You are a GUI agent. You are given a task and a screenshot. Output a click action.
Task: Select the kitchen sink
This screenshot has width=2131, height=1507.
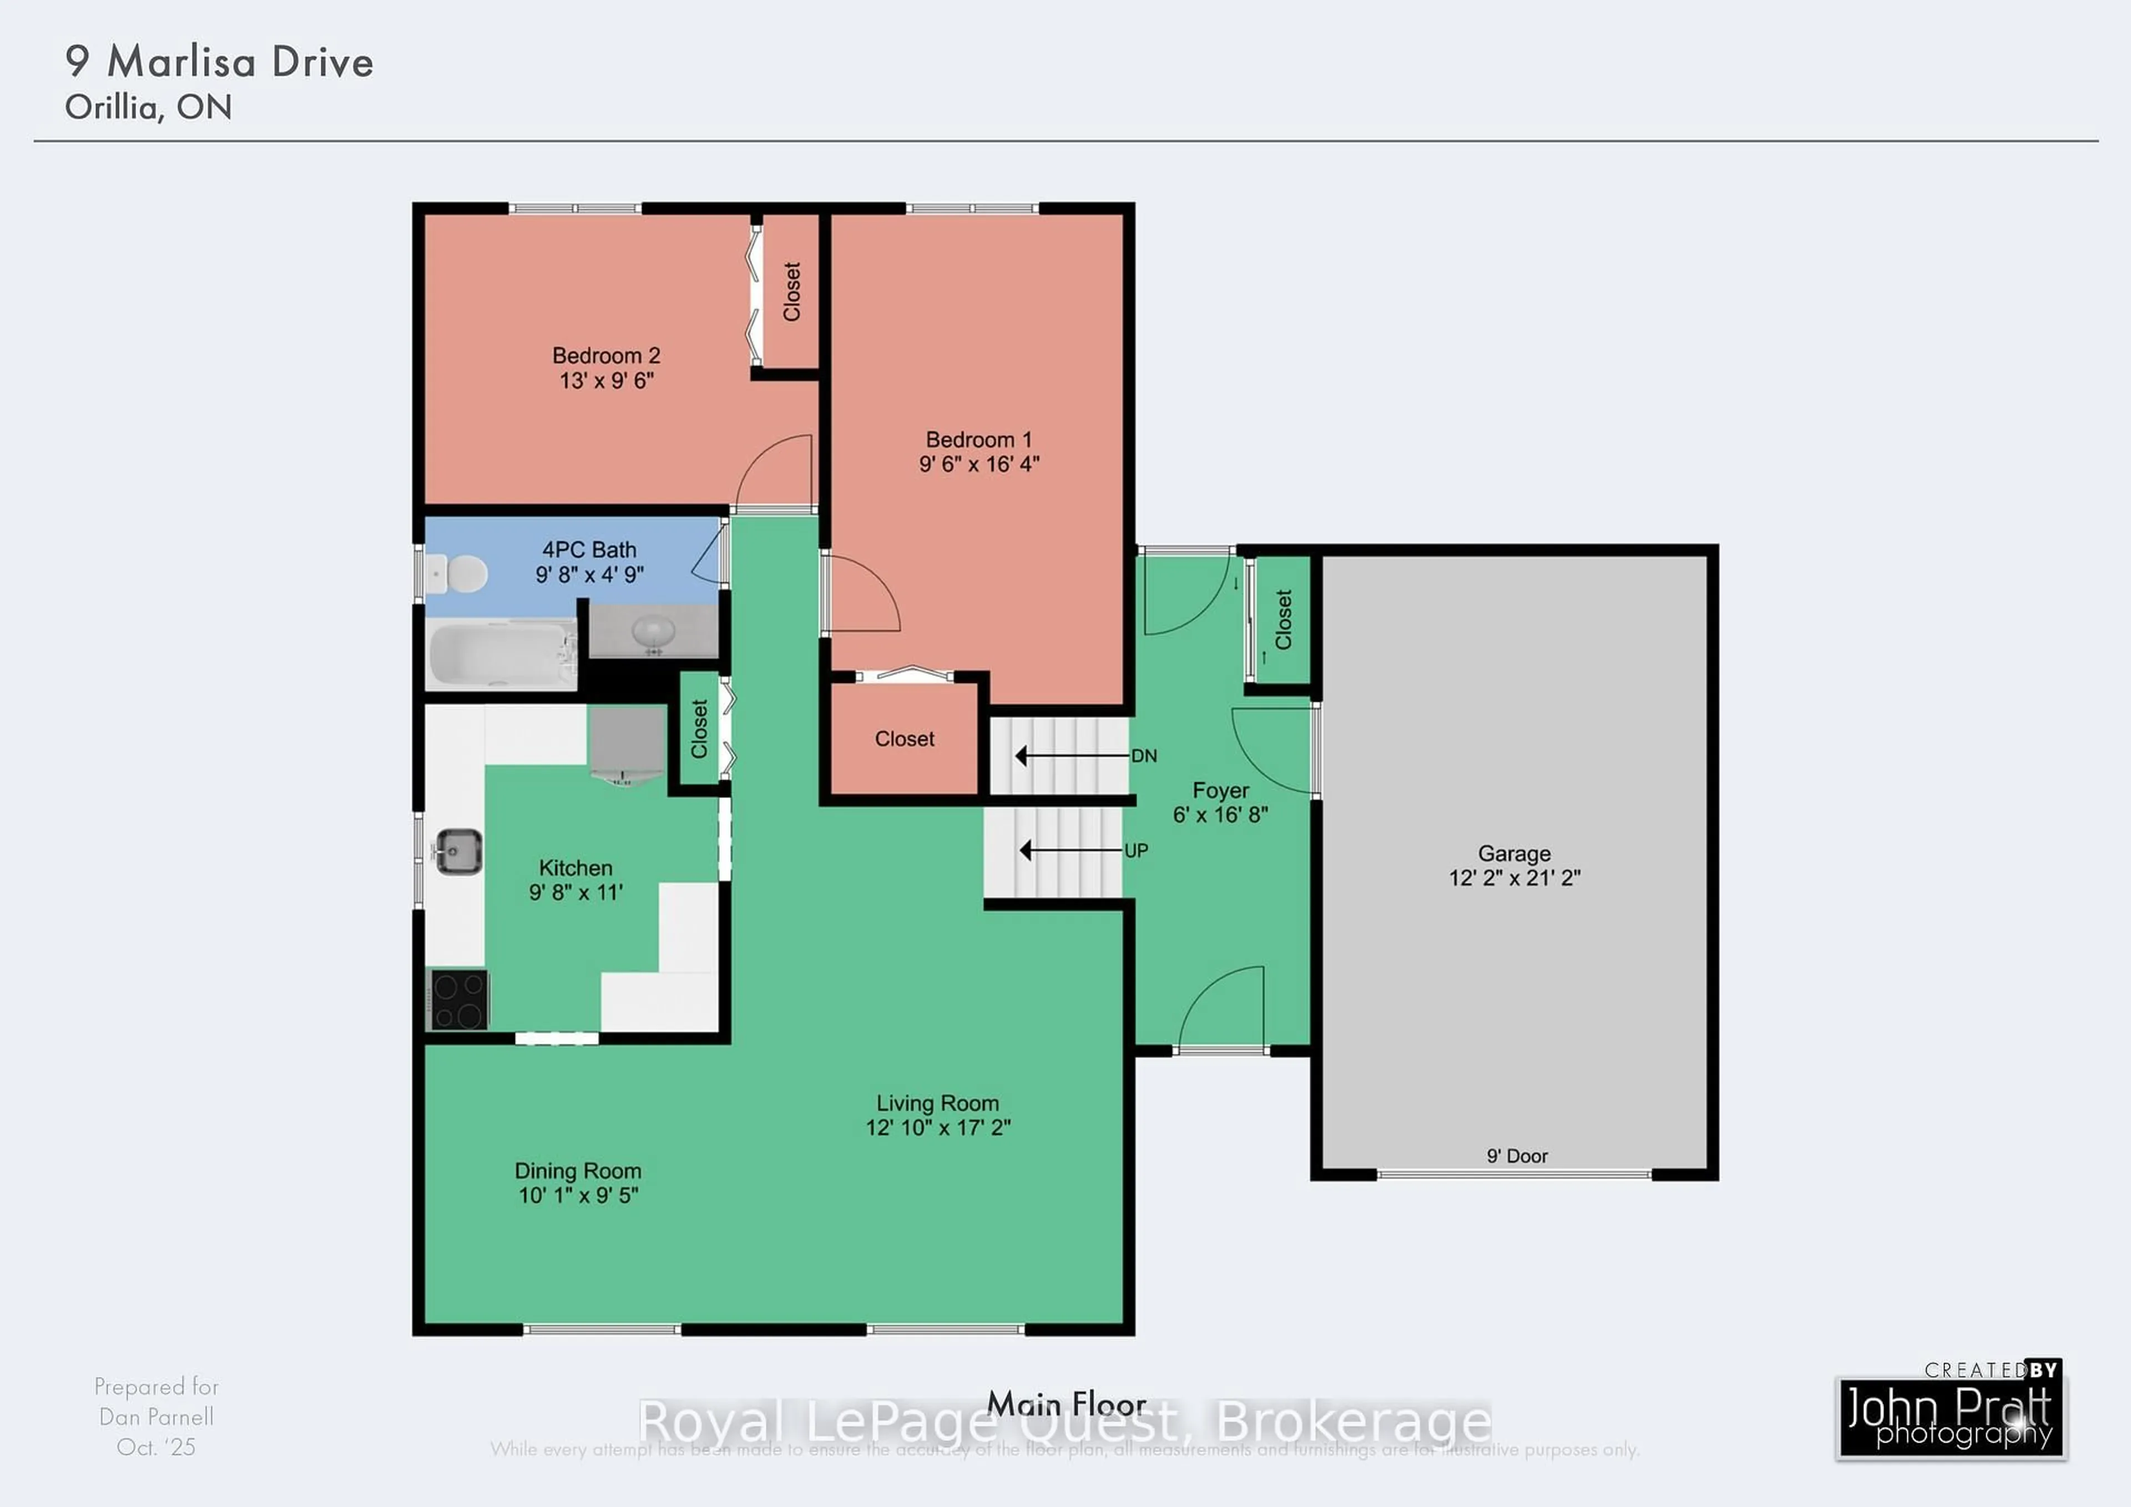tap(458, 851)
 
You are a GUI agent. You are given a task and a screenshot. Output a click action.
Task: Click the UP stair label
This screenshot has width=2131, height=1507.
tap(1136, 851)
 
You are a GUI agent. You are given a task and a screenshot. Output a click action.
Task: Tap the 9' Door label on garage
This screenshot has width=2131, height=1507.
tap(1517, 1156)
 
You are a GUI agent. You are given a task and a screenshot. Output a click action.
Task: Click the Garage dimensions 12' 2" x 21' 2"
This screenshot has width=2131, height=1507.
tap(1514, 877)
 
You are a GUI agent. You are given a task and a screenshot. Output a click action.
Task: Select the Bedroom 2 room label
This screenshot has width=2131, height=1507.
tap(606, 355)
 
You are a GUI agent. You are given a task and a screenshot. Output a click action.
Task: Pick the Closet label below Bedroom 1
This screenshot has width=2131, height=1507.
tap(904, 739)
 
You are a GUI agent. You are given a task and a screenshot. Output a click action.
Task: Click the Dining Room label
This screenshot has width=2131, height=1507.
tap(577, 1171)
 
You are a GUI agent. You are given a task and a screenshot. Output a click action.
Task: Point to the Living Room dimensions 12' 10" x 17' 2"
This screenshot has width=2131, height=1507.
tap(937, 1127)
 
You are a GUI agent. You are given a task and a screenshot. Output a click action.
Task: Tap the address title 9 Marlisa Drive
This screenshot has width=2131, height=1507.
tap(219, 62)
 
